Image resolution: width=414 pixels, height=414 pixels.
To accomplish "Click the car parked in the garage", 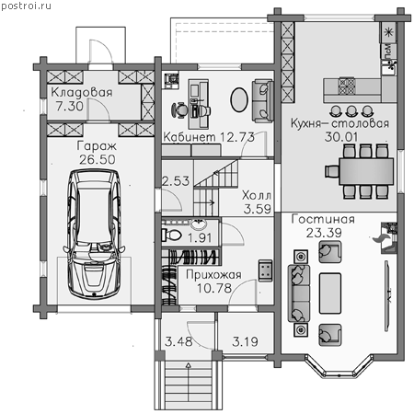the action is coord(94,234).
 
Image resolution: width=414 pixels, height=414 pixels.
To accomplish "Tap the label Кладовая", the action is coord(82,92).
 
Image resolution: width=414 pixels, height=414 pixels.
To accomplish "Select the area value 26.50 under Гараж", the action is coord(98,159).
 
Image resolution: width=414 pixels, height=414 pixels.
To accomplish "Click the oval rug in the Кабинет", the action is coord(239,99).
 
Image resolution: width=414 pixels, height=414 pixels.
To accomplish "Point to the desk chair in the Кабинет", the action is coord(179,109).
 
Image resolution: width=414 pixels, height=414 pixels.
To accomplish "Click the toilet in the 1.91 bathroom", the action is coord(171,236).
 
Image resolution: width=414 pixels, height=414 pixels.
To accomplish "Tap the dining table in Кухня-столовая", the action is coord(366,171).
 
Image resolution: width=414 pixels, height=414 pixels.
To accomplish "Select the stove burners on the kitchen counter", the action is coord(347,86).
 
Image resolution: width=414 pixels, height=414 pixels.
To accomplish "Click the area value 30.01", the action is coord(341,137).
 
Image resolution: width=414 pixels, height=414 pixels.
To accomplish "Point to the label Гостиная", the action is coord(323,219).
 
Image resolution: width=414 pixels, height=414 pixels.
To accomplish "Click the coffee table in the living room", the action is coord(330,293).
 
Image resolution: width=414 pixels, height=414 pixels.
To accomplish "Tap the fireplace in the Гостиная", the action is coord(388,237).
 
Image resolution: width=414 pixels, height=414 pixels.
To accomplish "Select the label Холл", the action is coord(257,195).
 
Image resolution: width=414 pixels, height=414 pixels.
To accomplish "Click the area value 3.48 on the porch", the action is coord(178,341).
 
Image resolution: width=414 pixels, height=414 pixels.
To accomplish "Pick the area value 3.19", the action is coord(245,341).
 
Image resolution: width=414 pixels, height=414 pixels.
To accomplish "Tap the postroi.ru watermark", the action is coord(26,6).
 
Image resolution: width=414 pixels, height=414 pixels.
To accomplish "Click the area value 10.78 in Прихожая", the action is coord(214,288).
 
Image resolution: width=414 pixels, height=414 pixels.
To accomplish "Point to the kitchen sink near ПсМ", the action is coord(389,67).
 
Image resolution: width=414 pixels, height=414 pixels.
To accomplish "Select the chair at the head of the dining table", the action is coord(332,171).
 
